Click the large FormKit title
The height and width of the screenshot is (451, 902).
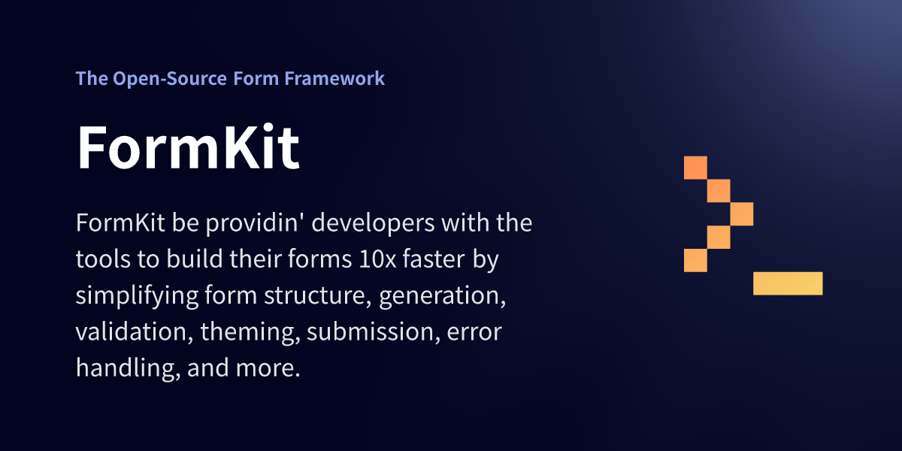[188, 147]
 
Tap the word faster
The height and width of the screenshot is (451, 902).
[435, 260]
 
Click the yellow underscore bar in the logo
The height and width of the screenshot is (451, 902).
[788, 283]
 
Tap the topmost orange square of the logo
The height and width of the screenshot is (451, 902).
[695, 167]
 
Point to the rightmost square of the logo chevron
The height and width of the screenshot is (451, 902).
[742, 213]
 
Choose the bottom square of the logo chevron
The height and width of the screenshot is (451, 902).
[695, 260]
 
